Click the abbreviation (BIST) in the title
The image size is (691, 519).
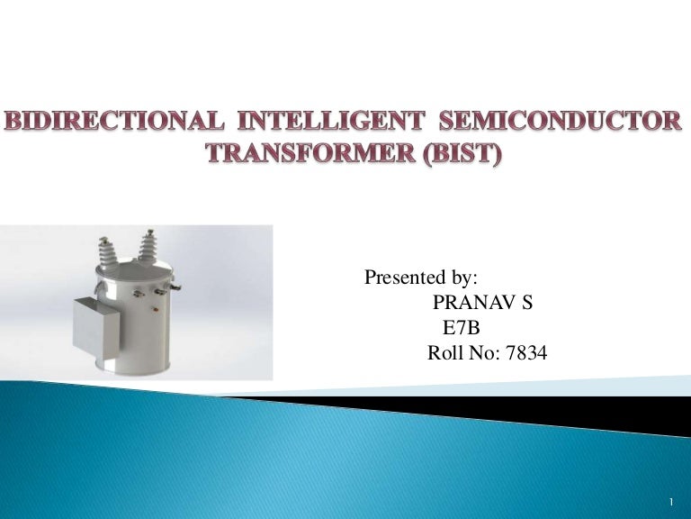pos(453,154)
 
